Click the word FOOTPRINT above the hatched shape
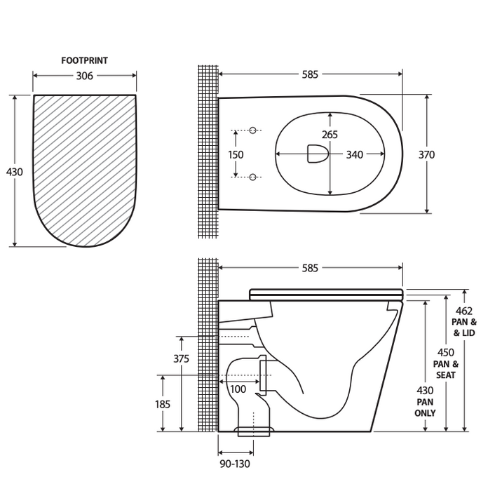point(84,61)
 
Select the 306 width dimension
point(84,76)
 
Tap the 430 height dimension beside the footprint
point(14,172)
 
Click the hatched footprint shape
point(84,168)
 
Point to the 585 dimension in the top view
point(310,74)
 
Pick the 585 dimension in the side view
point(310,268)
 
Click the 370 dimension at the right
point(426,154)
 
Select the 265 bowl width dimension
point(330,135)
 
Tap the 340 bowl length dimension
point(355,154)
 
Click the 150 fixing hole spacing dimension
point(236,154)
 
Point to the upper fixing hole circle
point(254,130)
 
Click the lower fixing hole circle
point(254,177)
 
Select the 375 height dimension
point(181,358)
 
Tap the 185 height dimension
point(162,404)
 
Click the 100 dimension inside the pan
point(238,389)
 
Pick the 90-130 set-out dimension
point(234,464)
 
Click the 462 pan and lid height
point(464,311)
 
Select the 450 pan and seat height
point(445,352)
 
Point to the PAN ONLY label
point(425,408)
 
